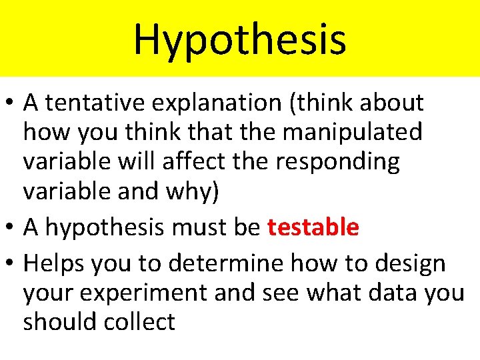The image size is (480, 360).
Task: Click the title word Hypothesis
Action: (240, 39)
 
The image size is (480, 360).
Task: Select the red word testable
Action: (313, 227)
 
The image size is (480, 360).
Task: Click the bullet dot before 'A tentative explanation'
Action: (11, 103)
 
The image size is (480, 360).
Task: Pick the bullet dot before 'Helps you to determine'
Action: (11, 264)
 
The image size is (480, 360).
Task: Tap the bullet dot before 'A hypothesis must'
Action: (11, 228)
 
